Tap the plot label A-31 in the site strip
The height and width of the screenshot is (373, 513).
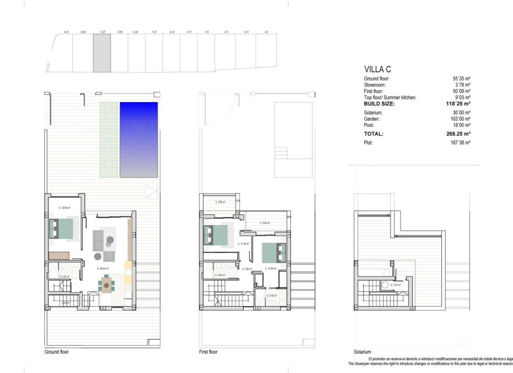[66, 32]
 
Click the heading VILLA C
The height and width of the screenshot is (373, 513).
[377, 69]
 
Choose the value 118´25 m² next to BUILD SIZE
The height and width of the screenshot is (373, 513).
[458, 104]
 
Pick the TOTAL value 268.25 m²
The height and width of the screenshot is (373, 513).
[458, 133]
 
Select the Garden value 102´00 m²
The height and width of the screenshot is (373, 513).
[459, 119]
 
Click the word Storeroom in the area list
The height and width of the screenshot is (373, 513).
[376, 85]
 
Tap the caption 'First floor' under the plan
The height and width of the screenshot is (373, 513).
[208, 352]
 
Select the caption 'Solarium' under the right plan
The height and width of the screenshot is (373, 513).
[362, 352]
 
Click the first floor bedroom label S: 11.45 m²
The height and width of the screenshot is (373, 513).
[244, 244]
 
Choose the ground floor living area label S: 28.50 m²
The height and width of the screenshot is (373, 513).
[103, 269]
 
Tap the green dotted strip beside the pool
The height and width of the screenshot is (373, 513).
[108, 139]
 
